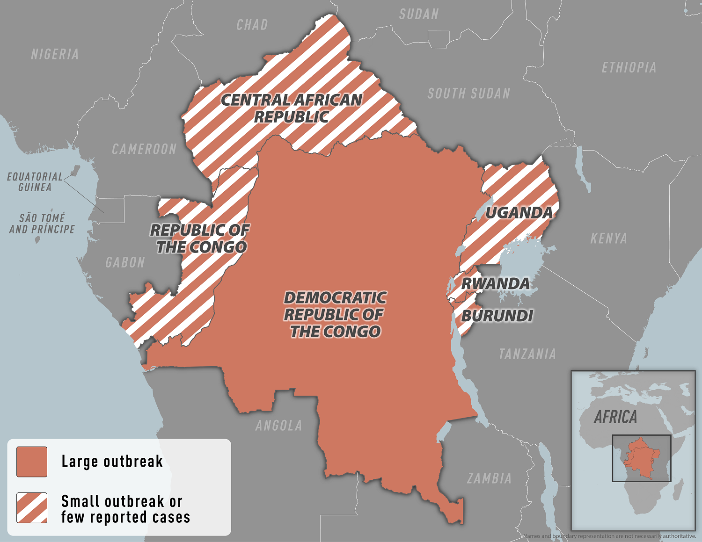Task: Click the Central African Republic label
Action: [x=291, y=108]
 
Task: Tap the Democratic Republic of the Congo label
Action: [x=335, y=314]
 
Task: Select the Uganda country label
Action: [x=519, y=213]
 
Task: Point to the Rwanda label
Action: [x=495, y=283]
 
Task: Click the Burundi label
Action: [x=497, y=316]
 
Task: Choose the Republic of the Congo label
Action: [x=200, y=238]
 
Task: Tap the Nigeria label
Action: [x=55, y=54]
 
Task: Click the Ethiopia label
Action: [x=629, y=68]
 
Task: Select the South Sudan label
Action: [x=468, y=94]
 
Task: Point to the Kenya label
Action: [x=608, y=238]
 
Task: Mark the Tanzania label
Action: [x=527, y=354]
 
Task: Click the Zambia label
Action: [x=489, y=478]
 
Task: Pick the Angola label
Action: [x=278, y=426]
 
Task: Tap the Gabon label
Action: [x=125, y=262]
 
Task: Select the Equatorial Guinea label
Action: [x=35, y=182]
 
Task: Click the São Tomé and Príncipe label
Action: [x=42, y=224]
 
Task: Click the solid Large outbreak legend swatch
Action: [x=32, y=462]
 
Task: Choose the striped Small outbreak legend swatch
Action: [x=32, y=507]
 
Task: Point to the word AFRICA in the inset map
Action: [x=615, y=417]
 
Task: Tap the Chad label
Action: [x=252, y=25]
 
